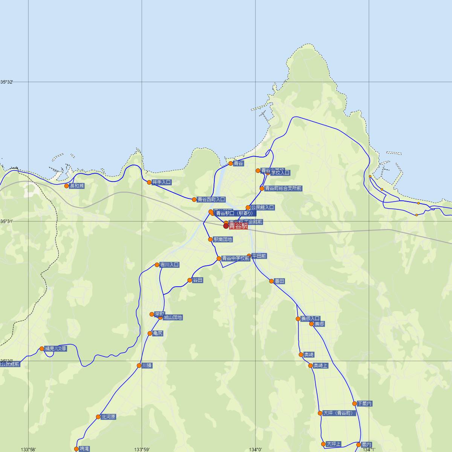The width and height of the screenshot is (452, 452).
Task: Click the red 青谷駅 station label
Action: pos(238,226)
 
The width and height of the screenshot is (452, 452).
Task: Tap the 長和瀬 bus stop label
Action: pos(77,186)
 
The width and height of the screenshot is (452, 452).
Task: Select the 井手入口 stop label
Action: pos(162,182)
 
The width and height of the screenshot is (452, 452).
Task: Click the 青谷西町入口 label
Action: pos(211,200)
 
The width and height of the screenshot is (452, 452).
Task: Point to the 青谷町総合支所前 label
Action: pos(283,188)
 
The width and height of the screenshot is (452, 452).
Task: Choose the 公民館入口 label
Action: pos(263,208)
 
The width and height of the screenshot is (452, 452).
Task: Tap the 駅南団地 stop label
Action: pos(223,240)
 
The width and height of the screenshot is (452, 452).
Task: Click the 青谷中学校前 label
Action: pos(236,258)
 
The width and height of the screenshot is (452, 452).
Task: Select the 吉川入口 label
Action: pos(169,265)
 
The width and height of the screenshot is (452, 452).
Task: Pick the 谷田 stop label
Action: pos(198,280)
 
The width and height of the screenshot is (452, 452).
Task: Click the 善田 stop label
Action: pos(279,281)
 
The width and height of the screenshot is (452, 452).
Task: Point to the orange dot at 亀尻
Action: pos(150,333)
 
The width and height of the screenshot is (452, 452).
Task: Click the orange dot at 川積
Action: pos(139,365)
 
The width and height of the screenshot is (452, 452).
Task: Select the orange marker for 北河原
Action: pos(98,417)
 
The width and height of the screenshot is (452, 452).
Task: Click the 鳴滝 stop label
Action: pos(84,449)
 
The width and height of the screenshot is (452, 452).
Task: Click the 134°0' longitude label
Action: pos(255,449)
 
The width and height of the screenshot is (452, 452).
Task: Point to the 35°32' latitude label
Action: pos(7,82)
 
